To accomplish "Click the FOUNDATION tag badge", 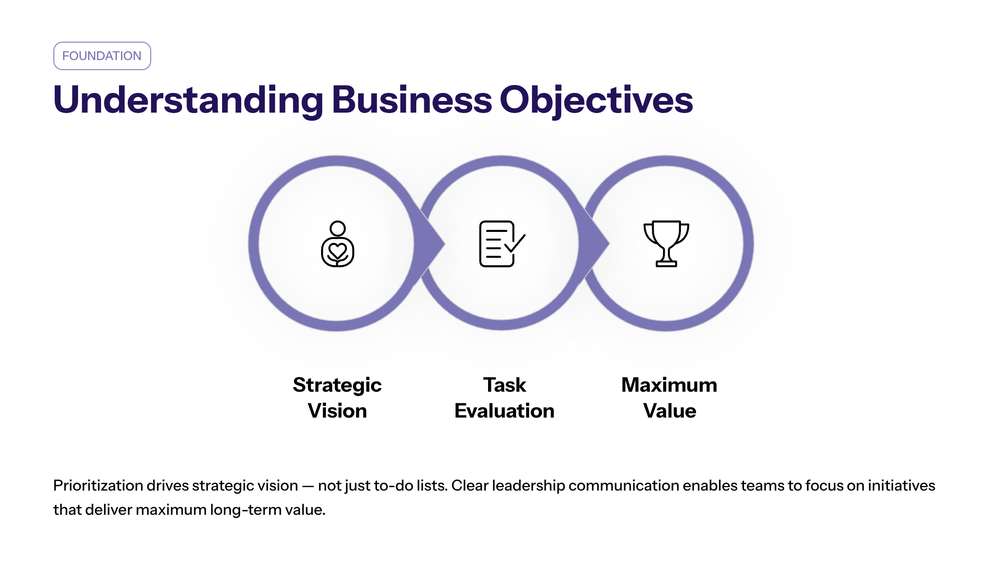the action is tap(102, 56).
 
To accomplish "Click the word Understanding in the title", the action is tap(188, 101).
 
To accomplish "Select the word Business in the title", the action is tap(412, 100).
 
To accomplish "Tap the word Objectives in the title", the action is tap(596, 101).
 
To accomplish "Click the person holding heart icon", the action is tap(337, 244).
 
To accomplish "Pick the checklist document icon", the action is tap(502, 244).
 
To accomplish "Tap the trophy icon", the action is tap(666, 244).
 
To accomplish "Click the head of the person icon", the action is tap(337, 228).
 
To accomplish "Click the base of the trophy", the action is tap(666, 263).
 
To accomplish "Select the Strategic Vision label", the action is tap(337, 398).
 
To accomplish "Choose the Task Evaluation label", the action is tap(504, 398).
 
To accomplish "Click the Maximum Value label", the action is tap(669, 398).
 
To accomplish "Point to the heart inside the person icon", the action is tap(337, 251).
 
